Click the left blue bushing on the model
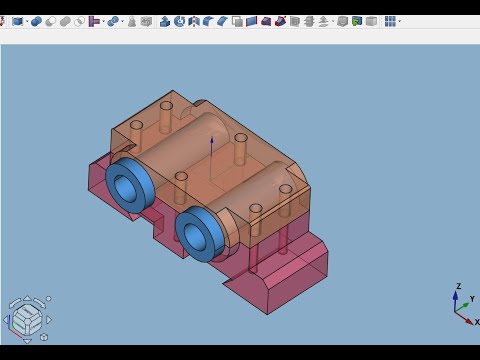click(x=130, y=184)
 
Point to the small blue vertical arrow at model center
click(x=212, y=146)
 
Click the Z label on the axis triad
click(x=458, y=287)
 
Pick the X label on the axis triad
click(x=476, y=322)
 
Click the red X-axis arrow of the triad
click(x=465, y=318)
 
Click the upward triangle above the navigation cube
click(x=27, y=298)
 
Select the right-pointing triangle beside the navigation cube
click(x=49, y=320)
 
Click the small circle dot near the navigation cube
click(x=48, y=299)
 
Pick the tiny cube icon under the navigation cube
click(x=43, y=337)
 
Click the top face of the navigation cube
click(x=27, y=309)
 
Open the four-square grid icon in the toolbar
click(x=390, y=21)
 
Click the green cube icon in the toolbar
click(x=356, y=21)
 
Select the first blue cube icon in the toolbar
click(x=18, y=21)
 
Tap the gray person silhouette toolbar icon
click(x=131, y=21)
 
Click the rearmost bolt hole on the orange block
click(x=166, y=104)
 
